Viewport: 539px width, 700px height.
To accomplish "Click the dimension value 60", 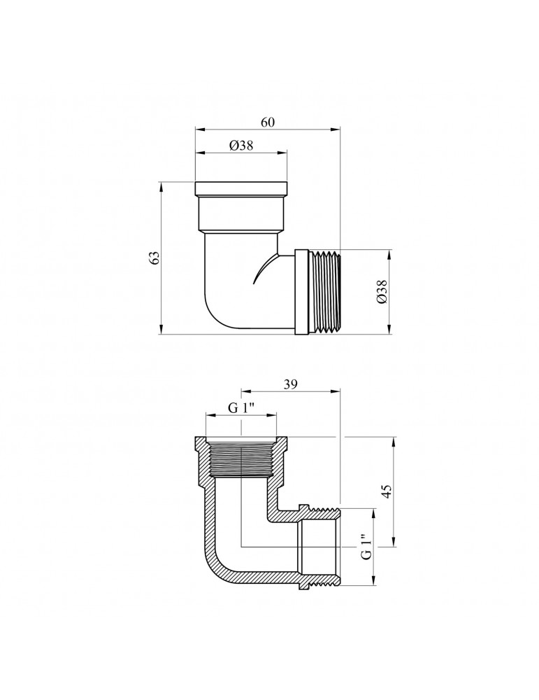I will pyautogui.click(x=268, y=122).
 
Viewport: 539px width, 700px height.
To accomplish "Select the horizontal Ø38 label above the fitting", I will pyautogui.click(x=240, y=146).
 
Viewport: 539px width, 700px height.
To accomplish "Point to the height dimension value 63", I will pyautogui.click(x=156, y=257).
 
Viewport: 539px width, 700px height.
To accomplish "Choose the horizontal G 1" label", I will pyautogui.click(x=241, y=409).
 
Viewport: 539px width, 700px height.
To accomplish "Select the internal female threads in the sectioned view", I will pyautogui.click(x=240, y=459).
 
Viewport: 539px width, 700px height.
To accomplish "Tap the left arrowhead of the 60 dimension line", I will pyautogui.click(x=198, y=129).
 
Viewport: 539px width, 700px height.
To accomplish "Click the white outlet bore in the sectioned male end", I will pyautogui.click(x=318, y=546).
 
